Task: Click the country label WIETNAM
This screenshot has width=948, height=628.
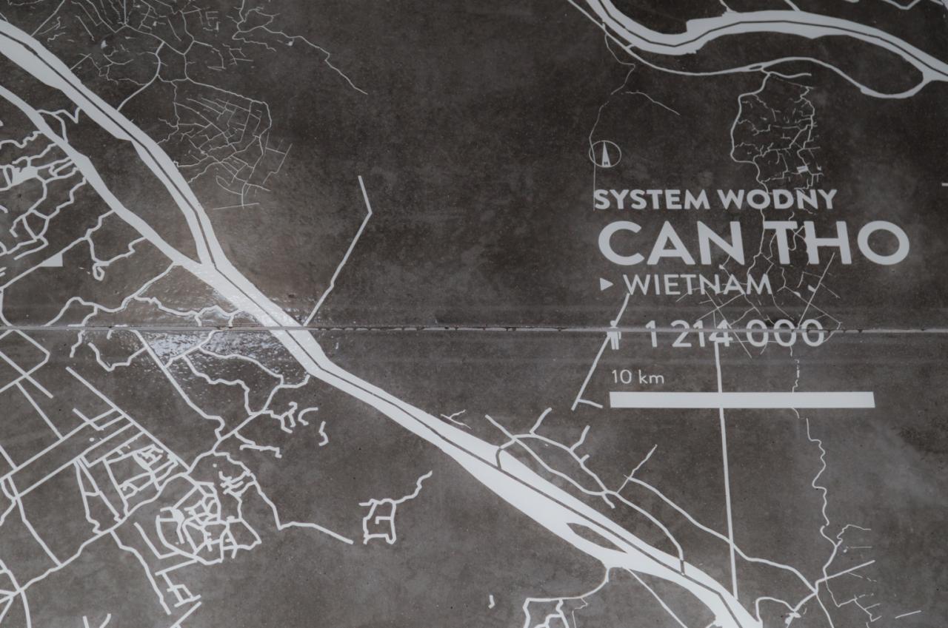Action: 698,285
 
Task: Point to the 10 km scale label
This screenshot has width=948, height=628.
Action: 627,377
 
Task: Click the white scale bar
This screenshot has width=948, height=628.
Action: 741,399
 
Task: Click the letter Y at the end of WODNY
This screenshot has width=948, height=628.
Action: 827,200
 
